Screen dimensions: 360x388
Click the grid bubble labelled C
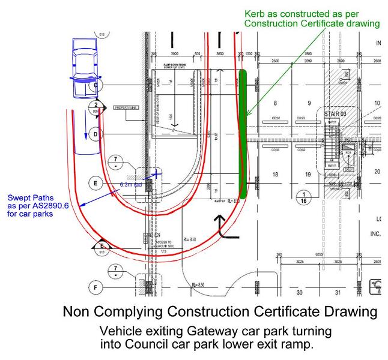pyautogui.click(x=94, y=86)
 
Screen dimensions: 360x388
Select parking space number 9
pyautogui.click(x=309, y=103)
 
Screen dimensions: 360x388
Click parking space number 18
pyautogui.click(x=276, y=175)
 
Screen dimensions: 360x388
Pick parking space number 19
pyautogui.click(x=308, y=175)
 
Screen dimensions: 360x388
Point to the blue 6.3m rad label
pyautogui.click(x=132, y=185)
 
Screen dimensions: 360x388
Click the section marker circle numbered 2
pyautogui.click(x=95, y=106)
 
